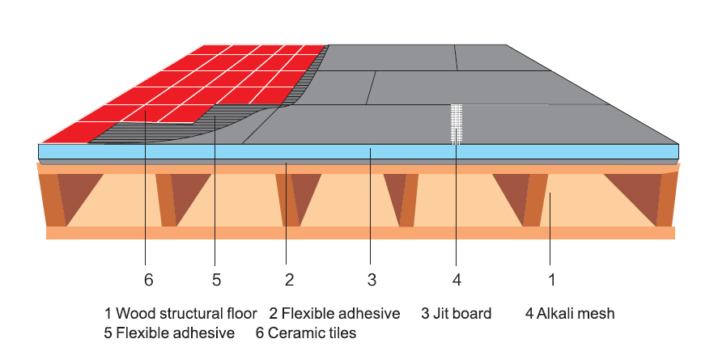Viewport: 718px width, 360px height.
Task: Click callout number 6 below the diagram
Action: tap(147, 280)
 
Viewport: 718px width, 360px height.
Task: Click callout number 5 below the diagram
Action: tap(216, 280)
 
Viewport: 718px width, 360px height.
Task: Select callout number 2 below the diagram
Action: tap(288, 280)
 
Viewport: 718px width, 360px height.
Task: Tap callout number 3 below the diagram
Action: tap(372, 280)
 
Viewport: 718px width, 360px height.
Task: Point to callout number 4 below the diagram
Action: tap(457, 280)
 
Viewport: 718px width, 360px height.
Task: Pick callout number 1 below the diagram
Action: tap(551, 280)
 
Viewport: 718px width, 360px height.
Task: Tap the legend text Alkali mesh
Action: tap(577, 313)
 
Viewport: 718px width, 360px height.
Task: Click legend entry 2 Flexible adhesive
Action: tap(334, 313)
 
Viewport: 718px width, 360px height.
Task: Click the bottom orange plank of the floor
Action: tap(360, 233)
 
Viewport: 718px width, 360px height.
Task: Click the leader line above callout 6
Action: tap(147, 202)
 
